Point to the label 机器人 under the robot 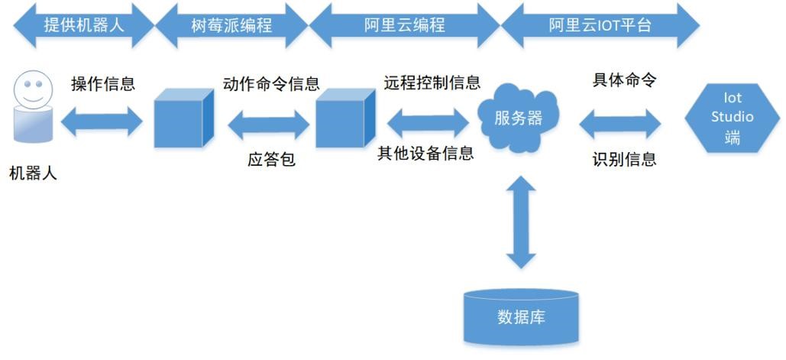(x=33, y=174)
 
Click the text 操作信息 (x=103, y=83)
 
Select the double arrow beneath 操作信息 (x=102, y=122)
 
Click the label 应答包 (x=271, y=160)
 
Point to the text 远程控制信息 (x=432, y=83)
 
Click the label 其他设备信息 (x=425, y=153)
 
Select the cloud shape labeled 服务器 (x=519, y=118)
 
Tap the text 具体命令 (x=624, y=79)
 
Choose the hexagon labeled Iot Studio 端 (x=732, y=118)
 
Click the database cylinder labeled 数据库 (x=521, y=316)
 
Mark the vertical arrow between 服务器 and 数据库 (x=521, y=221)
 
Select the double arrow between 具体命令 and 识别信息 (x=619, y=122)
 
